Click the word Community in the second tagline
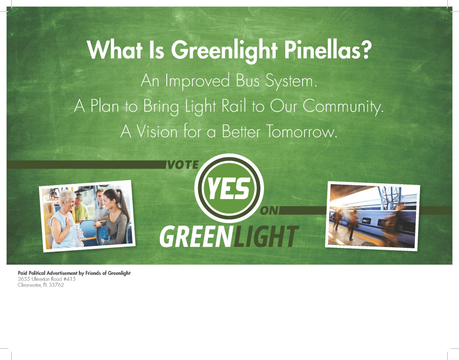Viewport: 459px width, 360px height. coord(343,107)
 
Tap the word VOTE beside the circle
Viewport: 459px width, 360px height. coord(182,165)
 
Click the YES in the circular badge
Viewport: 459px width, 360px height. coord(228,189)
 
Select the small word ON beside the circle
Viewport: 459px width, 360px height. coord(269,211)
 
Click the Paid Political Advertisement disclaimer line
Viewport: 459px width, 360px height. coord(74,273)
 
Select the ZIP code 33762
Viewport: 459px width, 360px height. coord(56,285)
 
